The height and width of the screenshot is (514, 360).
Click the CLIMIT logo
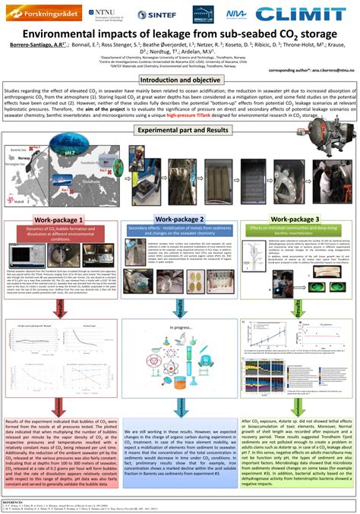[x=304, y=14]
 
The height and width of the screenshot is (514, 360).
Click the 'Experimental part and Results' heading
[x=179, y=130]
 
